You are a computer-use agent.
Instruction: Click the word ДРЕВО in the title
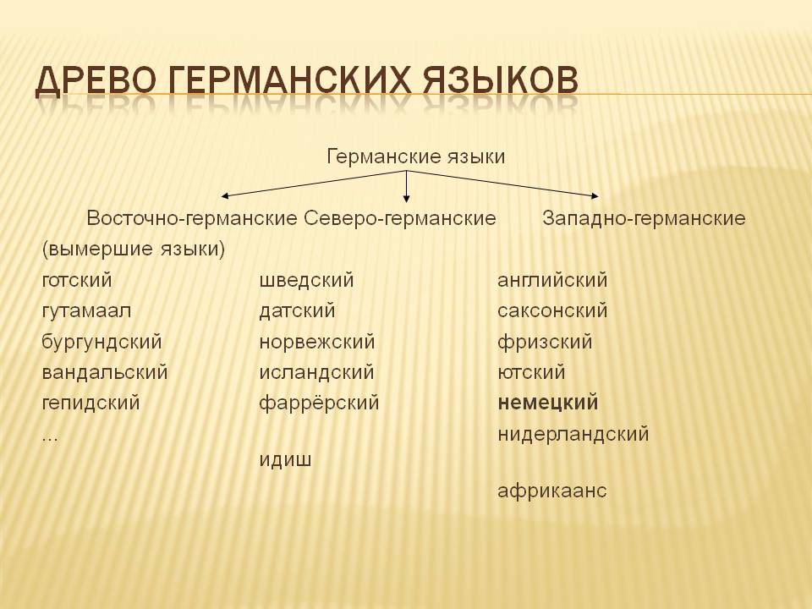(x=96, y=82)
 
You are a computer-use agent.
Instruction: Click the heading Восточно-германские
(x=191, y=218)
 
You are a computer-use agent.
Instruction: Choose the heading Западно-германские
(x=644, y=218)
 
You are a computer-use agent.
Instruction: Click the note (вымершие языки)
(x=133, y=250)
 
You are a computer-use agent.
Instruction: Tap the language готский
(x=76, y=280)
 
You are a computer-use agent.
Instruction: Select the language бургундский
(x=101, y=343)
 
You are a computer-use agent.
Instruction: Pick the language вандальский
(x=105, y=373)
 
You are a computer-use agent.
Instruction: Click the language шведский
(x=306, y=280)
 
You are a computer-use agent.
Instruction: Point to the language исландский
(x=316, y=373)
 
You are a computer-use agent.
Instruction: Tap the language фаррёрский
(x=319, y=403)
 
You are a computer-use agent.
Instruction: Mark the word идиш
(x=285, y=460)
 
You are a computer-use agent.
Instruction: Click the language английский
(x=552, y=280)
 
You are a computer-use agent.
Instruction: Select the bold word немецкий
(x=548, y=403)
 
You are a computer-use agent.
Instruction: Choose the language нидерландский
(x=573, y=435)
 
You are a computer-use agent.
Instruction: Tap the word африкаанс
(x=552, y=491)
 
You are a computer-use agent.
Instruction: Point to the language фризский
(x=545, y=343)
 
